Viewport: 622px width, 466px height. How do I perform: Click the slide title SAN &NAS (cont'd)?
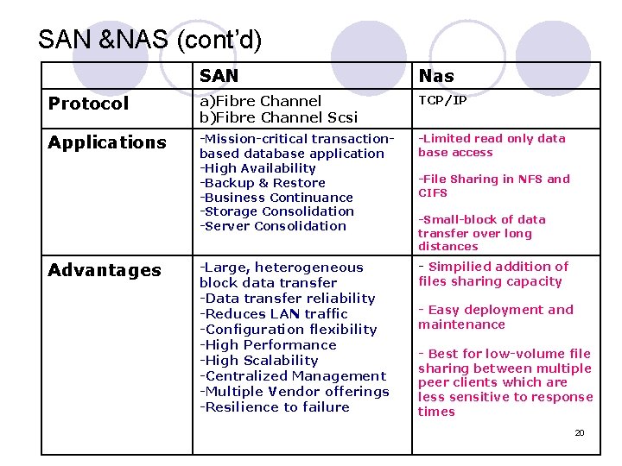click(149, 40)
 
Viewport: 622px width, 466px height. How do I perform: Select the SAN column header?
click(219, 76)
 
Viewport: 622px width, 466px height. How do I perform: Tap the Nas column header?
click(436, 76)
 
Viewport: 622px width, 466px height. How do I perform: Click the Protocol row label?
click(88, 104)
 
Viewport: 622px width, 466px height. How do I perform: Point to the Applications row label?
click(106, 142)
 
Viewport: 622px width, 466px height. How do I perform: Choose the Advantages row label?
click(105, 270)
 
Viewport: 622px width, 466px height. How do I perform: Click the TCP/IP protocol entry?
click(442, 100)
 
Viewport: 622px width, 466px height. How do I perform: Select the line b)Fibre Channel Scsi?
click(278, 116)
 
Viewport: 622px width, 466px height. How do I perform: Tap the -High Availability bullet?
click(257, 168)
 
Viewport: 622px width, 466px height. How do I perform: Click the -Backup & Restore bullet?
click(262, 183)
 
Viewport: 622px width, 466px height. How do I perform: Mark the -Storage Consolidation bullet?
click(276, 211)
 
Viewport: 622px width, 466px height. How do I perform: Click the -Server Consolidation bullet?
click(272, 226)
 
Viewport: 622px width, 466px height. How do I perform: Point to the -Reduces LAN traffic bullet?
click(273, 314)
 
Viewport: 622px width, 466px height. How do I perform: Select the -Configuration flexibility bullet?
click(288, 330)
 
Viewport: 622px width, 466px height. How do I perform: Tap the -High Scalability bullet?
click(258, 361)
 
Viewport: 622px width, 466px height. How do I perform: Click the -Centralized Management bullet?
click(292, 376)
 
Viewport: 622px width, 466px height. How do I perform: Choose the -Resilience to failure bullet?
click(274, 407)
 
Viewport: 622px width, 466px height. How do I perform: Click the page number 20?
click(580, 432)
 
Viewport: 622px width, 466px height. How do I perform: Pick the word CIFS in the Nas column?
click(433, 193)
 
